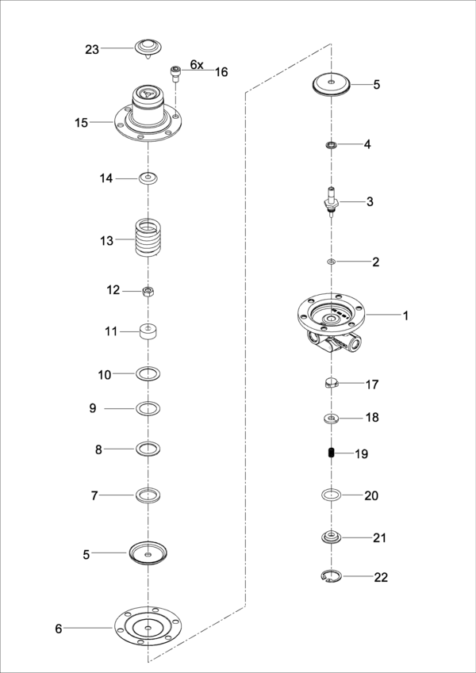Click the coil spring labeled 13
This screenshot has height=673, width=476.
point(148,239)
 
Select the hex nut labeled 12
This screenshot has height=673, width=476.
point(148,291)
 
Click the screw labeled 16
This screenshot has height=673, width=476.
point(175,75)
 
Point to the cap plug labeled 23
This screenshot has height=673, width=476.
point(148,48)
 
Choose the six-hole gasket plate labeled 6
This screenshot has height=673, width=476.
point(148,629)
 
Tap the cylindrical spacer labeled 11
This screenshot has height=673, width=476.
point(148,330)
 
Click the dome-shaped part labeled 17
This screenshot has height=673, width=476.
point(332,384)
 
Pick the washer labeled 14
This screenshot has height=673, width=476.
point(148,178)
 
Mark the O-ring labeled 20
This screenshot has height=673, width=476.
point(332,495)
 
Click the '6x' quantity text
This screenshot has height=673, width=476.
point(197,63)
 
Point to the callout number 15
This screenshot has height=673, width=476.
point(82,122)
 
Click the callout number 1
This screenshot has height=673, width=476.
point(405,315)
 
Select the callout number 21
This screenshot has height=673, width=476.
point(379,537)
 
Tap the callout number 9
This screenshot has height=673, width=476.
point(93,408)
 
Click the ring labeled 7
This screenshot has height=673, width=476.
point(148,495)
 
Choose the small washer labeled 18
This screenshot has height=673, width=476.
point(332,417)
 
